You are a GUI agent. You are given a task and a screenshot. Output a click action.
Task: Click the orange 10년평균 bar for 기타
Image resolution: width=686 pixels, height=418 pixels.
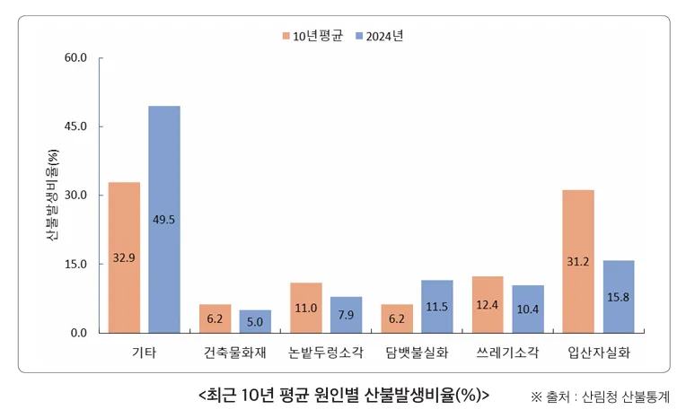point(124,257)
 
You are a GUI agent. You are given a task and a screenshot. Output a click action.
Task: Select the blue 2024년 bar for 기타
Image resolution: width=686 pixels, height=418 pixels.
point(164,220)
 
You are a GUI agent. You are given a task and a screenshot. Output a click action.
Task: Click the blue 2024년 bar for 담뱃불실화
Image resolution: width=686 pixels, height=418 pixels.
point(437,307)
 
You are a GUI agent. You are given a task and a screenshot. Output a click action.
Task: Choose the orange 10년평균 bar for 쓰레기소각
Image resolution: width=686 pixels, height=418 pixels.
point(488,305)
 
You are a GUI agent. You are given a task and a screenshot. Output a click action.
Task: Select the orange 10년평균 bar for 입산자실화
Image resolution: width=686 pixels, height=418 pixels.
point(578,261)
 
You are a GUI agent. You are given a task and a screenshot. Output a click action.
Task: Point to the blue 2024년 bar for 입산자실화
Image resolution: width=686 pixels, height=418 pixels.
point(619,297)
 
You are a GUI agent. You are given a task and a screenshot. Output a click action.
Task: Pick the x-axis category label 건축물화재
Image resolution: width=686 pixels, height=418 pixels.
point(234,353)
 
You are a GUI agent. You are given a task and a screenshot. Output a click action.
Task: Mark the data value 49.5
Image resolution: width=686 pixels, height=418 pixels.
point(164,219)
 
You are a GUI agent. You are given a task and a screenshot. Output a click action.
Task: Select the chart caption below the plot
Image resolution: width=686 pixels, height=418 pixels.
point(342,394)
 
